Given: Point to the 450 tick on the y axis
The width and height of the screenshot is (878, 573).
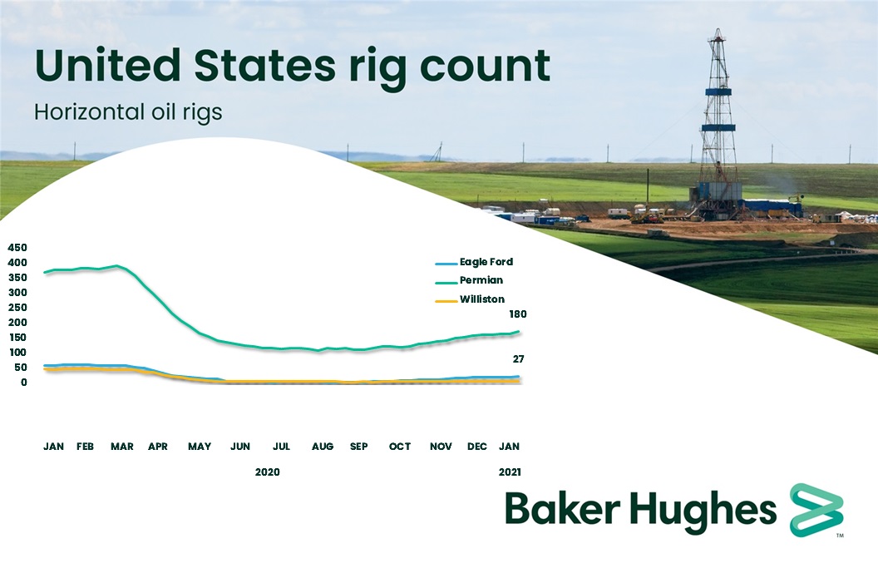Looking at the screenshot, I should [x=17, y=248].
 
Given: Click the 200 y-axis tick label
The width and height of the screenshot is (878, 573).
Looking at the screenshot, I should [x=17, y=323].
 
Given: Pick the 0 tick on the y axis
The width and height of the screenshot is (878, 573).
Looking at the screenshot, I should [x=25, y=383].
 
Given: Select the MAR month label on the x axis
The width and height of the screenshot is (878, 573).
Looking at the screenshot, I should [x=121, y=447].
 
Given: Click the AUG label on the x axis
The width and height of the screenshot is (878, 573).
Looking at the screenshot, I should [x=323, y=447].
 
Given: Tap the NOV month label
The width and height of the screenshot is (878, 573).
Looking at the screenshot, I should [x=441, y=447].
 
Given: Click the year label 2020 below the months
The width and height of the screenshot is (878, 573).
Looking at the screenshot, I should [x=267, y=472].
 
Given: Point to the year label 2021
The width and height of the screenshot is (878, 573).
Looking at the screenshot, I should [x=510, y=472].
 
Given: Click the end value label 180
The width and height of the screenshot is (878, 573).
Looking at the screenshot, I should [x=518, y=314].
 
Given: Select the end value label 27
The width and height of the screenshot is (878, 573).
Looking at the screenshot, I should [x=518, y=359].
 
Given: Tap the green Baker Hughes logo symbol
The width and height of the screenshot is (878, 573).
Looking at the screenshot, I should [x=816, y=508].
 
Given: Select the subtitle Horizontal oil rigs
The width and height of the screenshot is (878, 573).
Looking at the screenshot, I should [x=128, y=111].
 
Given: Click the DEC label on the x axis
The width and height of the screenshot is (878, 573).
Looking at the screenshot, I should [x=477, y=447].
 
